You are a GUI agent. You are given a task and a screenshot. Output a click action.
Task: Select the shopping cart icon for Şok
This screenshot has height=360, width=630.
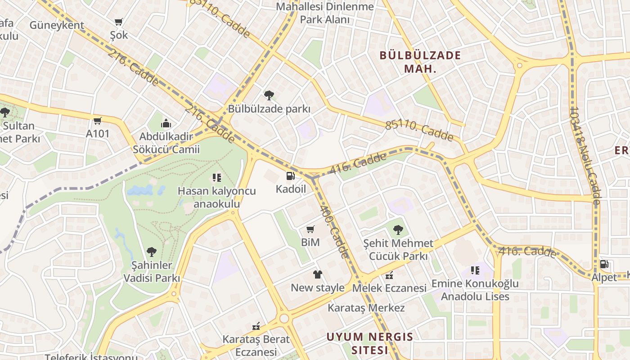pyautogui.click(x=119, y=22)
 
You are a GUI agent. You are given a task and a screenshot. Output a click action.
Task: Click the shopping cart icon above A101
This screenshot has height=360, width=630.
pyautogui.click(x=98, y=121)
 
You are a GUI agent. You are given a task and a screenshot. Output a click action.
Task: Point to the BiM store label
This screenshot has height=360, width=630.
pyautogui.click(x=310, y=242)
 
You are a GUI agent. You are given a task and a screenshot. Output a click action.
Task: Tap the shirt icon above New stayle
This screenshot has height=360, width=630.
pyautogui.click(x=318, y=274)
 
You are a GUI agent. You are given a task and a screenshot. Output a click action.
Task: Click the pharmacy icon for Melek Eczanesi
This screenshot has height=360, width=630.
pyautogui.click(x=389, y=275)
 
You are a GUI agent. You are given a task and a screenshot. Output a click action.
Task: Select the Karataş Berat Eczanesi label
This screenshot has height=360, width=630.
pyautogui.click(x=256, y=345)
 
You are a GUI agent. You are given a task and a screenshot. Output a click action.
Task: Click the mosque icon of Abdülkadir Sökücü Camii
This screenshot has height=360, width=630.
pyautogui.click(x=166, y=123)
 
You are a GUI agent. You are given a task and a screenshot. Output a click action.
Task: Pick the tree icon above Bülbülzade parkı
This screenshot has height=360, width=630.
pyautogui.click(x=269, y=95)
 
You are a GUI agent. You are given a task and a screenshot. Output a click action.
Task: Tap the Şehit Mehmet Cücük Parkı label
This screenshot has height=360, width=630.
pyautogui.click(x=398, y=250)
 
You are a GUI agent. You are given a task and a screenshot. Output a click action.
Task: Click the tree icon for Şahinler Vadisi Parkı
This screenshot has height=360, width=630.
pyautogui.click(x=152, y=252)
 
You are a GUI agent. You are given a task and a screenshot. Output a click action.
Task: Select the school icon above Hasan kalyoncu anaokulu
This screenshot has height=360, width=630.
pyautogui.click(x=217, y=178)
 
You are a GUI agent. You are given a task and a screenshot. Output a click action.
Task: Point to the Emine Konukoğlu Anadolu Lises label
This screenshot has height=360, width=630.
pyautogui.click(x=475, y=290)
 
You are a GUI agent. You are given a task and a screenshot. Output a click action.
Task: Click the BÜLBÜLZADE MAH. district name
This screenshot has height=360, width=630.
pyautogui.click(x=420, y=62)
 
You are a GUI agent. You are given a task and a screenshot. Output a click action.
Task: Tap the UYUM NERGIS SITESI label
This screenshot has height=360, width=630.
pyautogui.click(x=369, y=343)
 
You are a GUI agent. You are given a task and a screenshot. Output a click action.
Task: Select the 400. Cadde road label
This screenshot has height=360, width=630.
pyautogui.click(x=334, y=232)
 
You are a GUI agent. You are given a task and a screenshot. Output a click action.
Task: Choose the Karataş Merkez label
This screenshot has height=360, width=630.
pyautogui.click(x=366, y=308)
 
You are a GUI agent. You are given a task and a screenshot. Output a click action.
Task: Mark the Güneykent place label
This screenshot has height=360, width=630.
pyautogui.click(x=57, y=25)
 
